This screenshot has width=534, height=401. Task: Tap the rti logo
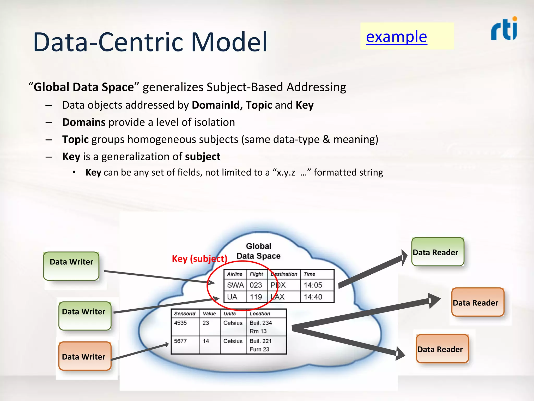point(504,29)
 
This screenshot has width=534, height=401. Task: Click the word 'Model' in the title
point(229,42)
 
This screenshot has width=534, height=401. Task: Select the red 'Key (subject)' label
point(199,259)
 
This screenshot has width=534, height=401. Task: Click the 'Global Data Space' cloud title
point(258,251)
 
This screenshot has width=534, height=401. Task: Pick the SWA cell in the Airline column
point(235,285)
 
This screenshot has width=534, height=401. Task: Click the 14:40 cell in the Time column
point(313,297)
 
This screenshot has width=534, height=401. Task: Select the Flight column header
point(256,274)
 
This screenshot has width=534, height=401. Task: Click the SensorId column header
point(185,314)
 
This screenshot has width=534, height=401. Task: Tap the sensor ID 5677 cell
point(180,341)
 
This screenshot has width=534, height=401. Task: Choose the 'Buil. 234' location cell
point(261,323)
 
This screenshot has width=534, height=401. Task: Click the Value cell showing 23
point(206,323)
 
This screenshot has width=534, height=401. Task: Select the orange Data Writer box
point(85,356)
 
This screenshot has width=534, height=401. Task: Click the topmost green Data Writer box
point(71,266)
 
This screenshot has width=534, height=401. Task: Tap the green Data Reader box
point(438,252)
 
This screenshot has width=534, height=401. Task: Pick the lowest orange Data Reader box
point(442,349)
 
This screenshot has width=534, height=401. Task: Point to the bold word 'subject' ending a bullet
point(203,157)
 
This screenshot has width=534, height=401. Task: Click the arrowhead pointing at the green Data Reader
point(404,257)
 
